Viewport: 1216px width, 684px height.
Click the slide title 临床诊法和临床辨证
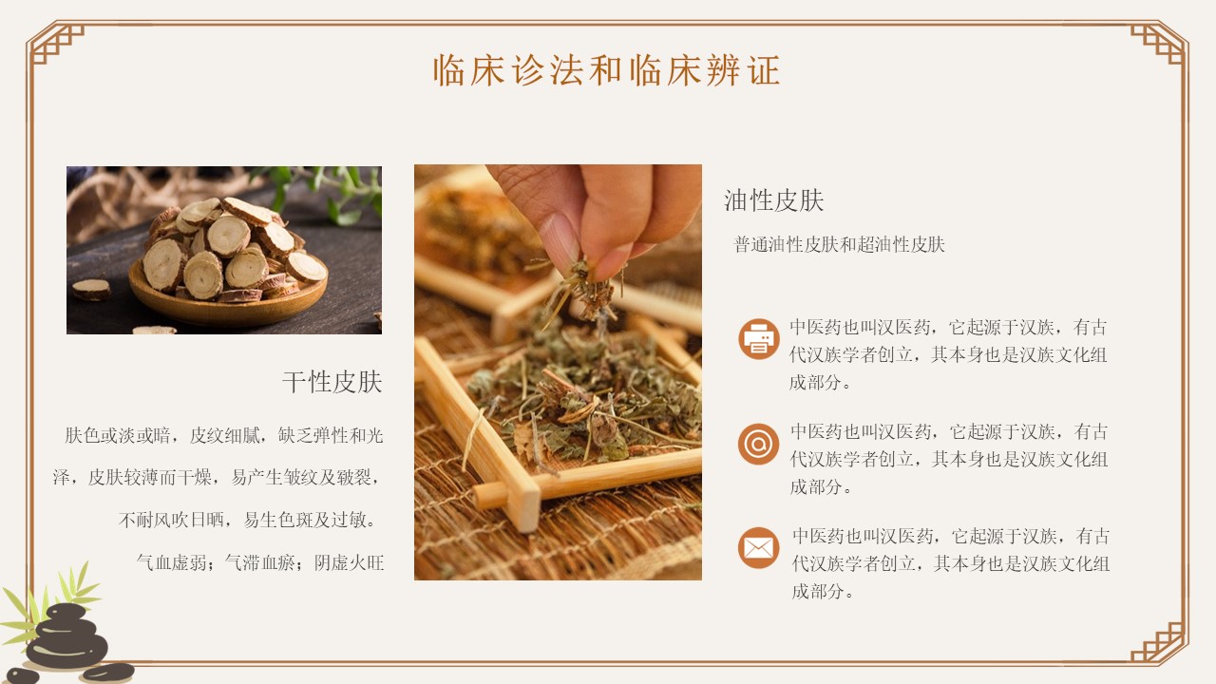tap(607, 70)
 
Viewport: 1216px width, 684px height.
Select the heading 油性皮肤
tap(773, 200)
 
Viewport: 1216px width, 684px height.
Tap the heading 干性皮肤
tap(332, 382)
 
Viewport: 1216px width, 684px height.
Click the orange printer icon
tap(758, 339)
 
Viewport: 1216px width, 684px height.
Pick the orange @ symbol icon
tap(758, 444)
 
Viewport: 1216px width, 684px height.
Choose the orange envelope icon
tap(758, 548)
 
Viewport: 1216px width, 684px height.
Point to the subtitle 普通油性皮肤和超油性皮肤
tap(839, 245)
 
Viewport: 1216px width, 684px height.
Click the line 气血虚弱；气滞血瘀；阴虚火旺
tap(260, 563)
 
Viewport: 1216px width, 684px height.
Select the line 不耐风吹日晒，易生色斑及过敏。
tap(248, 520)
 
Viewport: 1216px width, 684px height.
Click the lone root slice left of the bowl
tap(91, 290)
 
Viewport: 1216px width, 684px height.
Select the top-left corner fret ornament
tap(56, 45)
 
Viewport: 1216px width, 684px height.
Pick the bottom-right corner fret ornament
tap(1158, 644)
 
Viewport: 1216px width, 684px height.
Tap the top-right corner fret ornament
tap(1158, 45)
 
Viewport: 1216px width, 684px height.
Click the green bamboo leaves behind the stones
tap(51, 602)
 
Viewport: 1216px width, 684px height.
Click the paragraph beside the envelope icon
tap(950, 563)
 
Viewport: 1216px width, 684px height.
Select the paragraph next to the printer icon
tap(948, 355)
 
